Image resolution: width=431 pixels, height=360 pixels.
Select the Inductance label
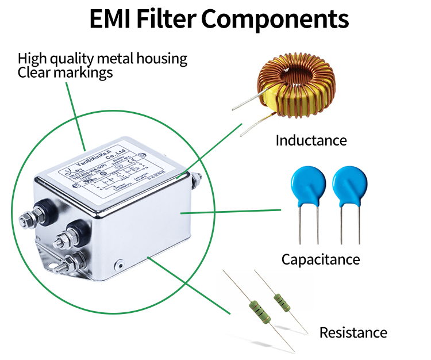tap(311, 140)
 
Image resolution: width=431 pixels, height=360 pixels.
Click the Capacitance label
tap(320, 259)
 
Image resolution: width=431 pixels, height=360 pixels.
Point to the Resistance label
tap(353, 332)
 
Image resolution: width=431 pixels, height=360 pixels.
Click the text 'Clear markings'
tap(65, 72)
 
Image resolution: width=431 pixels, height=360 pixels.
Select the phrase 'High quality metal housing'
tap(102, 59)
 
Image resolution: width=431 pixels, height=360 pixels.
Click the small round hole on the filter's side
tap(119, 266)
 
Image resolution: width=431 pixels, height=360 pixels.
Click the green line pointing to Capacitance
tap(230, 211)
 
